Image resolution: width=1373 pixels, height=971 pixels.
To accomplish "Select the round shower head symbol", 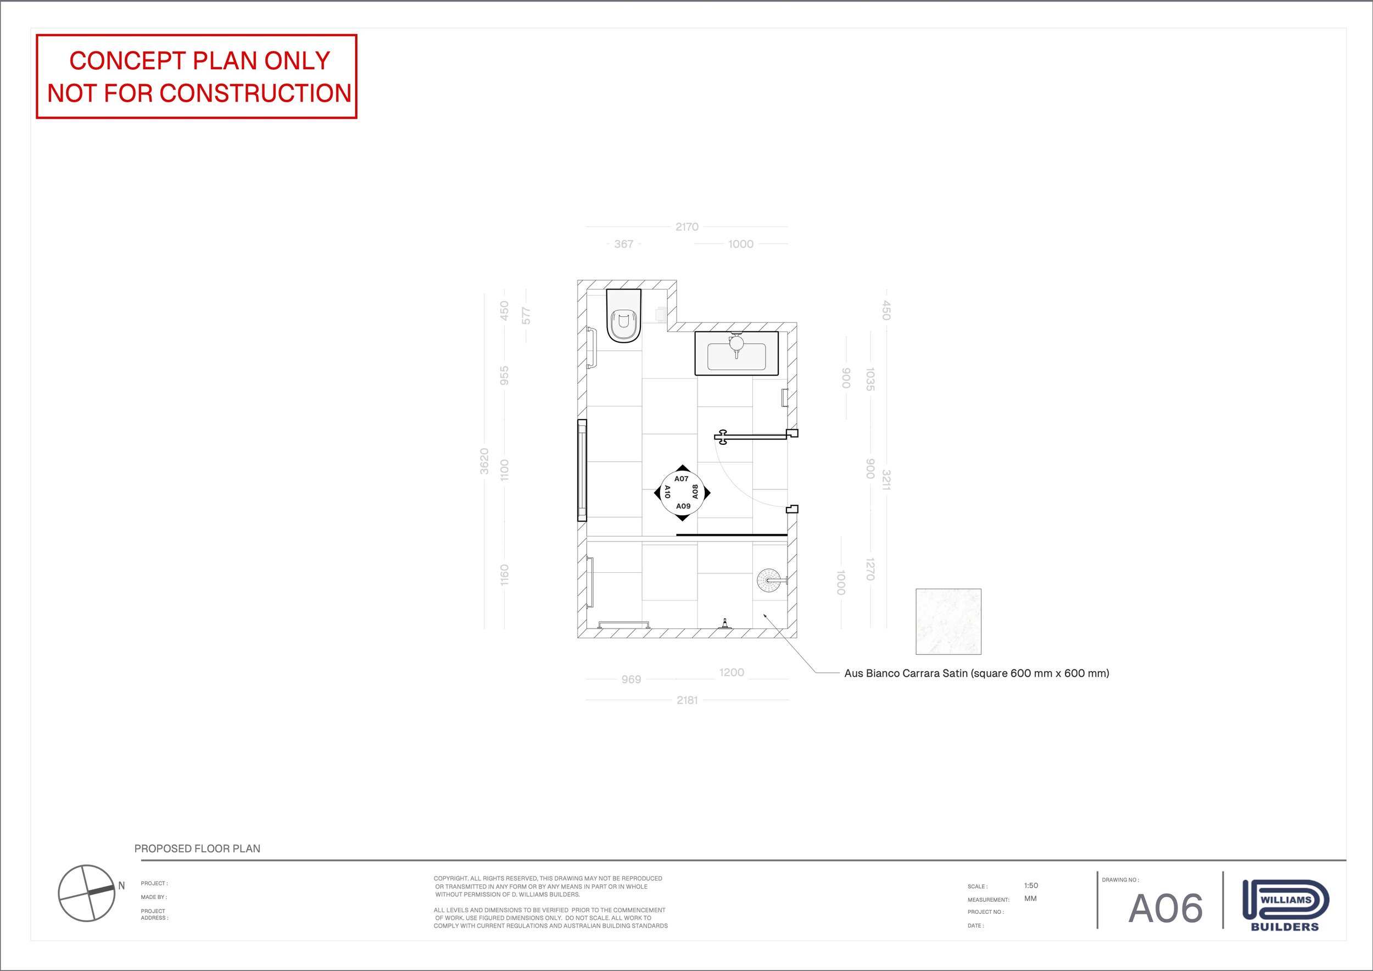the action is (768, 580).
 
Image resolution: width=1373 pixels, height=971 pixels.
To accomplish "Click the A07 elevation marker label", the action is (681, 479).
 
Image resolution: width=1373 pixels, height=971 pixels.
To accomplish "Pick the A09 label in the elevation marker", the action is (683, 506).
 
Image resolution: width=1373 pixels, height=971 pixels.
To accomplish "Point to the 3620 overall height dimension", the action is (484, 461).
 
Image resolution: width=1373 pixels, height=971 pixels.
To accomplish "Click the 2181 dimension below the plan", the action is (687, 700).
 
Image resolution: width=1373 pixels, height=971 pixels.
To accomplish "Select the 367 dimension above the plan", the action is (624, 244).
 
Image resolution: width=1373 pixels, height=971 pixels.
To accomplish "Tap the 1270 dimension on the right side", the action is (870, 568).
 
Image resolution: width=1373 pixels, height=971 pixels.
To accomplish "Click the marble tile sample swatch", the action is (948, 622).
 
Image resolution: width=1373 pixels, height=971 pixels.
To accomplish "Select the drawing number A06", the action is (1165, 909).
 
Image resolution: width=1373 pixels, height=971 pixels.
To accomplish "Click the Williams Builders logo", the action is (1285, 905).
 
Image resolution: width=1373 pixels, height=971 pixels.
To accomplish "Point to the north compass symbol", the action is (87, 892).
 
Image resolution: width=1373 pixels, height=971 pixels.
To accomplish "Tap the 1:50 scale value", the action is (1031, 885).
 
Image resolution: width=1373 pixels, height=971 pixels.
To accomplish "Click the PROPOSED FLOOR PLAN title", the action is (197, 849).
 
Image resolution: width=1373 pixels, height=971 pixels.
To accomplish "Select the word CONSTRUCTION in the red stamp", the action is (255, 93).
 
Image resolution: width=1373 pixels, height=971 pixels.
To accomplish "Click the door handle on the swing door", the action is (722, 437).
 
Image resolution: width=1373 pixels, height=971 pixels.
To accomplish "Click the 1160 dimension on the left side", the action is (504, 574).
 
